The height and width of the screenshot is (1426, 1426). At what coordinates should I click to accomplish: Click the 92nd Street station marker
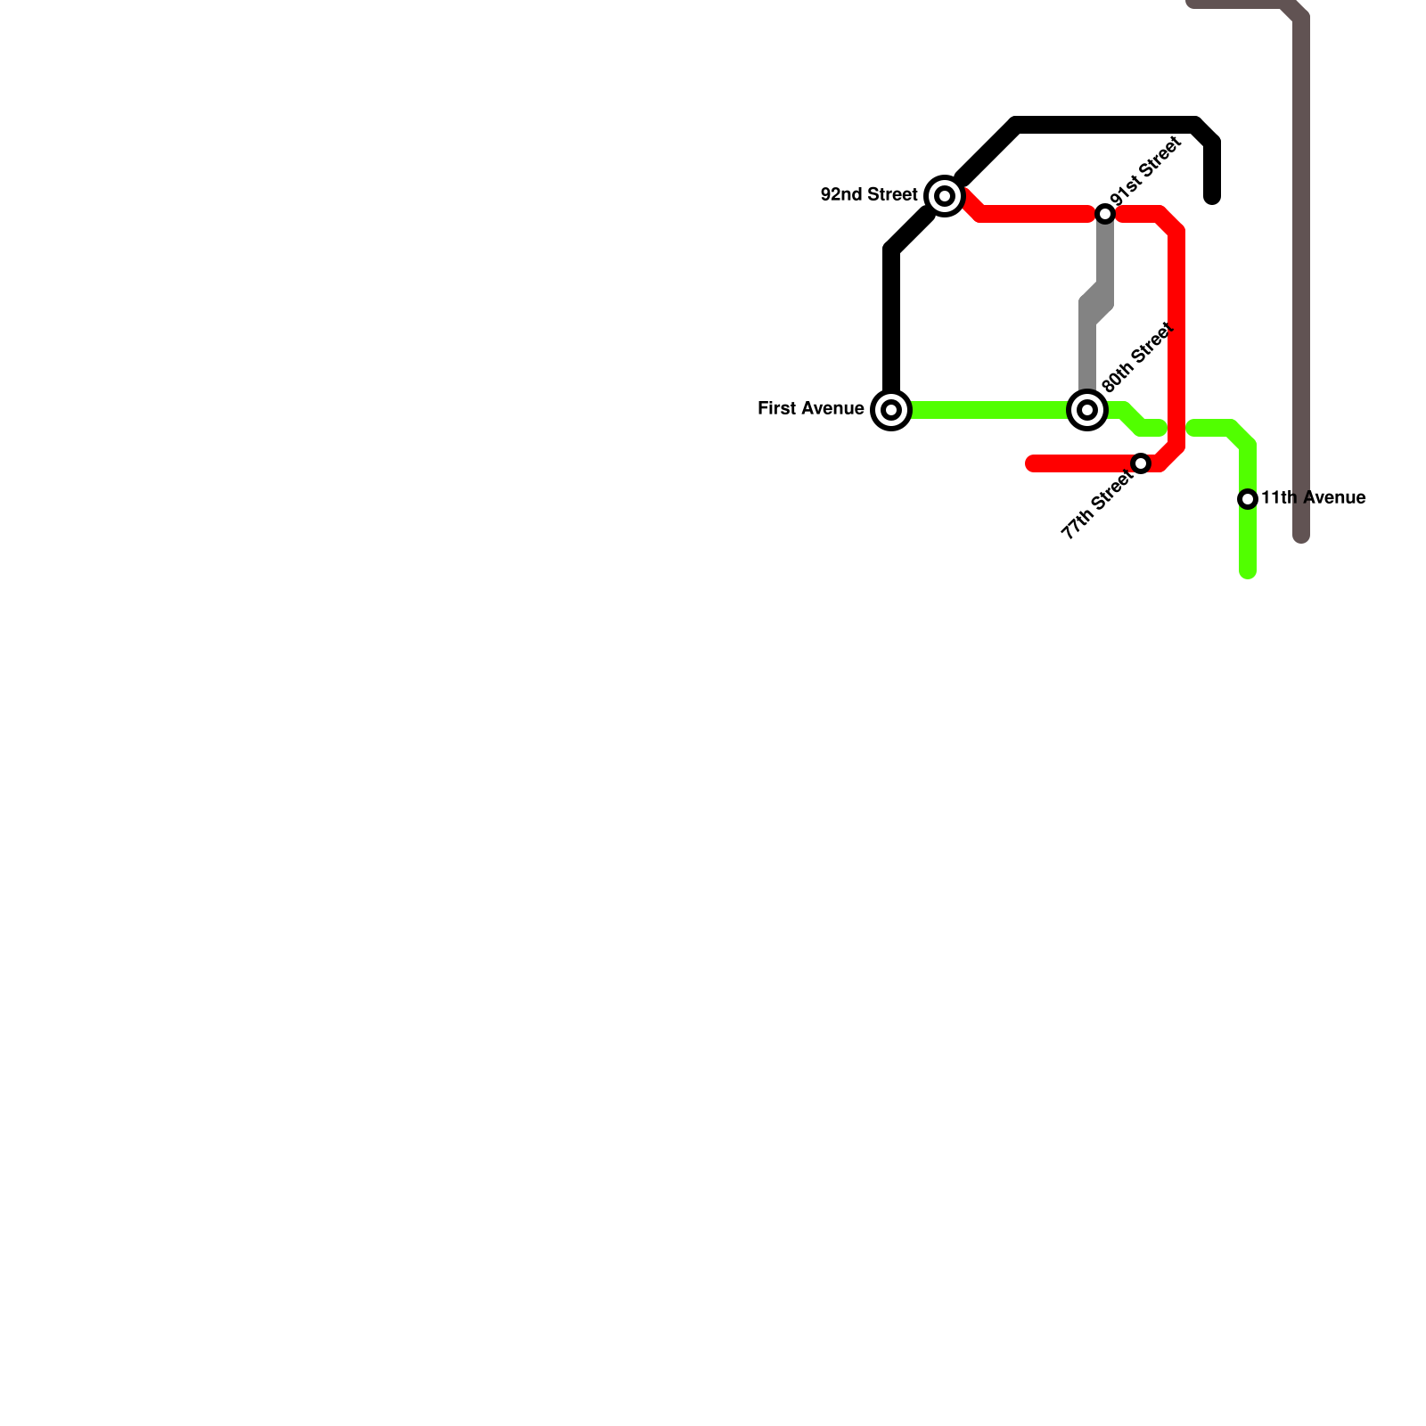pos(945,196)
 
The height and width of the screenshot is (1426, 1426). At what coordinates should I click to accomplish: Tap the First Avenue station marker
pos(891,410)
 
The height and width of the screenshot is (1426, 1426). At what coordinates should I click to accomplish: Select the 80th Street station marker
pos(1087,410)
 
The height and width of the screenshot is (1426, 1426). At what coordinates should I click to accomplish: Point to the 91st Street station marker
pos(1105,214)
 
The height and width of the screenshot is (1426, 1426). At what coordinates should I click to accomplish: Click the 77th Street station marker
pos(1141,463)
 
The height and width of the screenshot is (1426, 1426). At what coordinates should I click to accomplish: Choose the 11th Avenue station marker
pos(1248,499)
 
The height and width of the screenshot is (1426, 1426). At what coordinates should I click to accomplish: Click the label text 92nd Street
pos(868,194)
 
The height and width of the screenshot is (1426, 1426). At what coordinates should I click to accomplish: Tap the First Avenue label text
pos(810,409)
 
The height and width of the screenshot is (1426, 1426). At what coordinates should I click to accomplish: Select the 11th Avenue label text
pos(1313,498)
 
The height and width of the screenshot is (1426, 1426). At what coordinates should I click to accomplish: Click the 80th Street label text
pos(1136,358)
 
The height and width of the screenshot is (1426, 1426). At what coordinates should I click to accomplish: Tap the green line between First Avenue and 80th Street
pos(989,410)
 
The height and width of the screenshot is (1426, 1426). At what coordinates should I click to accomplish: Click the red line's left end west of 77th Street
pos(1032,463)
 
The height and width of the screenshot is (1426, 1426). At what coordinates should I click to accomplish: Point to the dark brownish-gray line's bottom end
pos(1301,537)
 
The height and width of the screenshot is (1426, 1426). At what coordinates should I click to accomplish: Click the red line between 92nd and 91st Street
pos(1034,214)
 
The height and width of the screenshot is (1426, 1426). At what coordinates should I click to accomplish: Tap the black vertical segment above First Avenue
pos(891,321)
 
